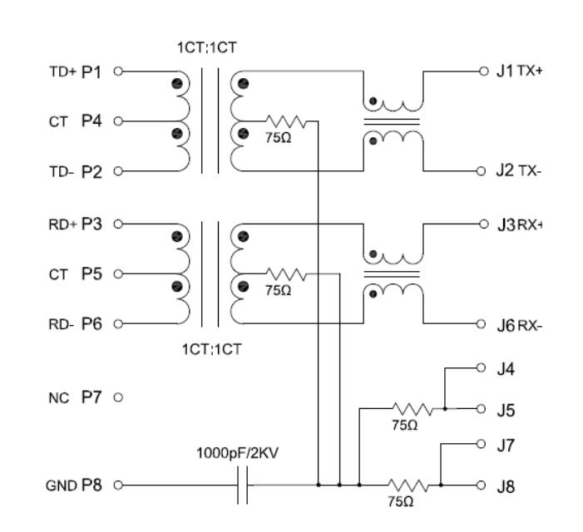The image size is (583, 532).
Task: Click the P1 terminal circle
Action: (118, 71)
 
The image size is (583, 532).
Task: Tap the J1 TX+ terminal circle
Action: (483, 71)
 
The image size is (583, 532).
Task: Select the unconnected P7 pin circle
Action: (118, 397)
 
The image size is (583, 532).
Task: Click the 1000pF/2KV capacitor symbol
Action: (242, 485)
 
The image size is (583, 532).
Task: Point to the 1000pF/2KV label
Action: (237, 453)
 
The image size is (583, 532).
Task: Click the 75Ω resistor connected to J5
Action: (413, 409)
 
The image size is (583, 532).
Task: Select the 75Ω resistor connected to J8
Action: (408, 485)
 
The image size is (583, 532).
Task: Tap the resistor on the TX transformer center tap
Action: (286, 121)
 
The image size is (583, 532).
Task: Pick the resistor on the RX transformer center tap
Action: (286, 274)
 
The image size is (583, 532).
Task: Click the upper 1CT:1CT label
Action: (207, 47)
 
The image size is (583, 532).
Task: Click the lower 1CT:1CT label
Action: (211, 349)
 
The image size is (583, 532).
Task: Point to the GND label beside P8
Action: (62, 485)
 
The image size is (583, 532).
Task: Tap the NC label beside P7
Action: (59, 398)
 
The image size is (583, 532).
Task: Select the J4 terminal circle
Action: (481, 367)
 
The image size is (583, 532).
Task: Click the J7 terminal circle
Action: (481, 444)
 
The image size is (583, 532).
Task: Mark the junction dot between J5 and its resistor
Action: (445, 409)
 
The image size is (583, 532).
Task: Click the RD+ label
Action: (62, 224)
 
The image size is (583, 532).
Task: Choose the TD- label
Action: (61, 172)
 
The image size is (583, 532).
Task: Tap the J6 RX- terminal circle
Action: (481, 324)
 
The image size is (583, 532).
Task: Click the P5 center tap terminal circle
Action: (118, 273)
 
